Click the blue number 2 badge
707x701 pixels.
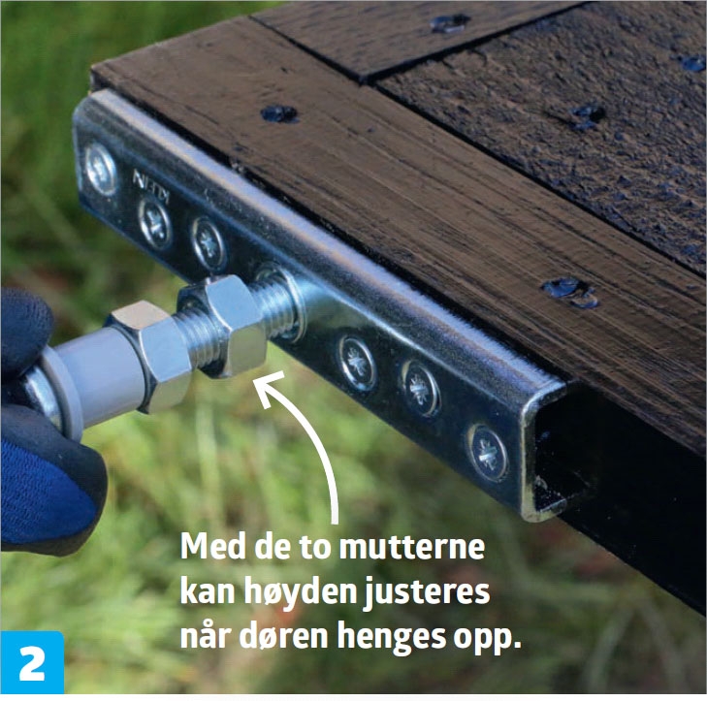[32, 662]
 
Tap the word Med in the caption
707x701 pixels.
[211, 546]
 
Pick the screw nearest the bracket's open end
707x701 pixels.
[488, 452]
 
